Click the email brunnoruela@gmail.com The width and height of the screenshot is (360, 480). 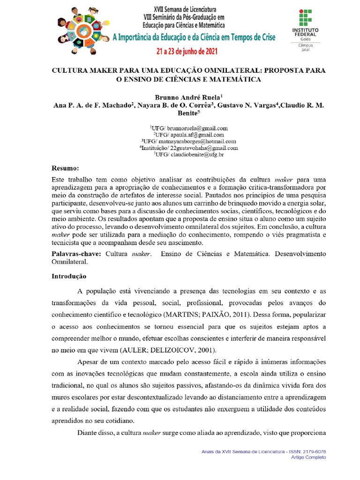[x=197, y=127]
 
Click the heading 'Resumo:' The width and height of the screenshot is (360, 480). [x=65, y=167]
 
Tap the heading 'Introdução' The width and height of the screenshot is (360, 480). [x=69, y=277]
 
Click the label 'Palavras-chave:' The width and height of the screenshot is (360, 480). [x=76, y=254]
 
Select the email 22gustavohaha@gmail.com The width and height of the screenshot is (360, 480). [x=203, y=148]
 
